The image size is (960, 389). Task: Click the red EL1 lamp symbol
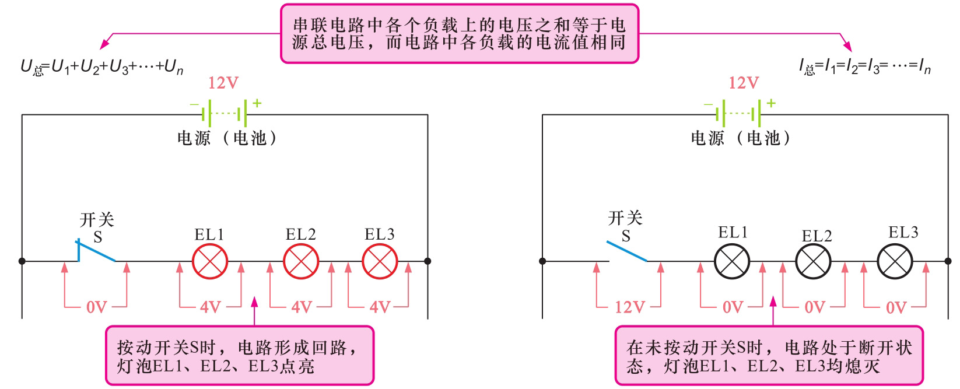[210, 261]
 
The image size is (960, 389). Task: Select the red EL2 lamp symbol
[301, 261]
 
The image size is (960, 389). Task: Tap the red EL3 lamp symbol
[380, 261]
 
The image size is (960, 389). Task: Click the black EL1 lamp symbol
[732, 261]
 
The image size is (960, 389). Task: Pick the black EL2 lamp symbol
[814, 261]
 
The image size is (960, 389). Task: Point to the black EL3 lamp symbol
[895, 261]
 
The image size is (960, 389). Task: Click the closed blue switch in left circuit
[96, 251]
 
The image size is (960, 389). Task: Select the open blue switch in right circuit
[626, 251]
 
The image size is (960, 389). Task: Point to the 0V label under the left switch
[97, 307]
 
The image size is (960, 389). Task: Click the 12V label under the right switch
[629, 307]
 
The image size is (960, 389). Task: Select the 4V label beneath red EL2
[301, 307]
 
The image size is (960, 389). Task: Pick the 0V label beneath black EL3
[896, 307]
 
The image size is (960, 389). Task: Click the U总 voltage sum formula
[102, 67]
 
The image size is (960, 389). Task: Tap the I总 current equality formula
[865, 67]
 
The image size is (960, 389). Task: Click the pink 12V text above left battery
[223, 83]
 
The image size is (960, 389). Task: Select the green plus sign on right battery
[771, 103]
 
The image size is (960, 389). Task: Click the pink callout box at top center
[460, 33]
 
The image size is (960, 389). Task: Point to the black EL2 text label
[817, 236]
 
